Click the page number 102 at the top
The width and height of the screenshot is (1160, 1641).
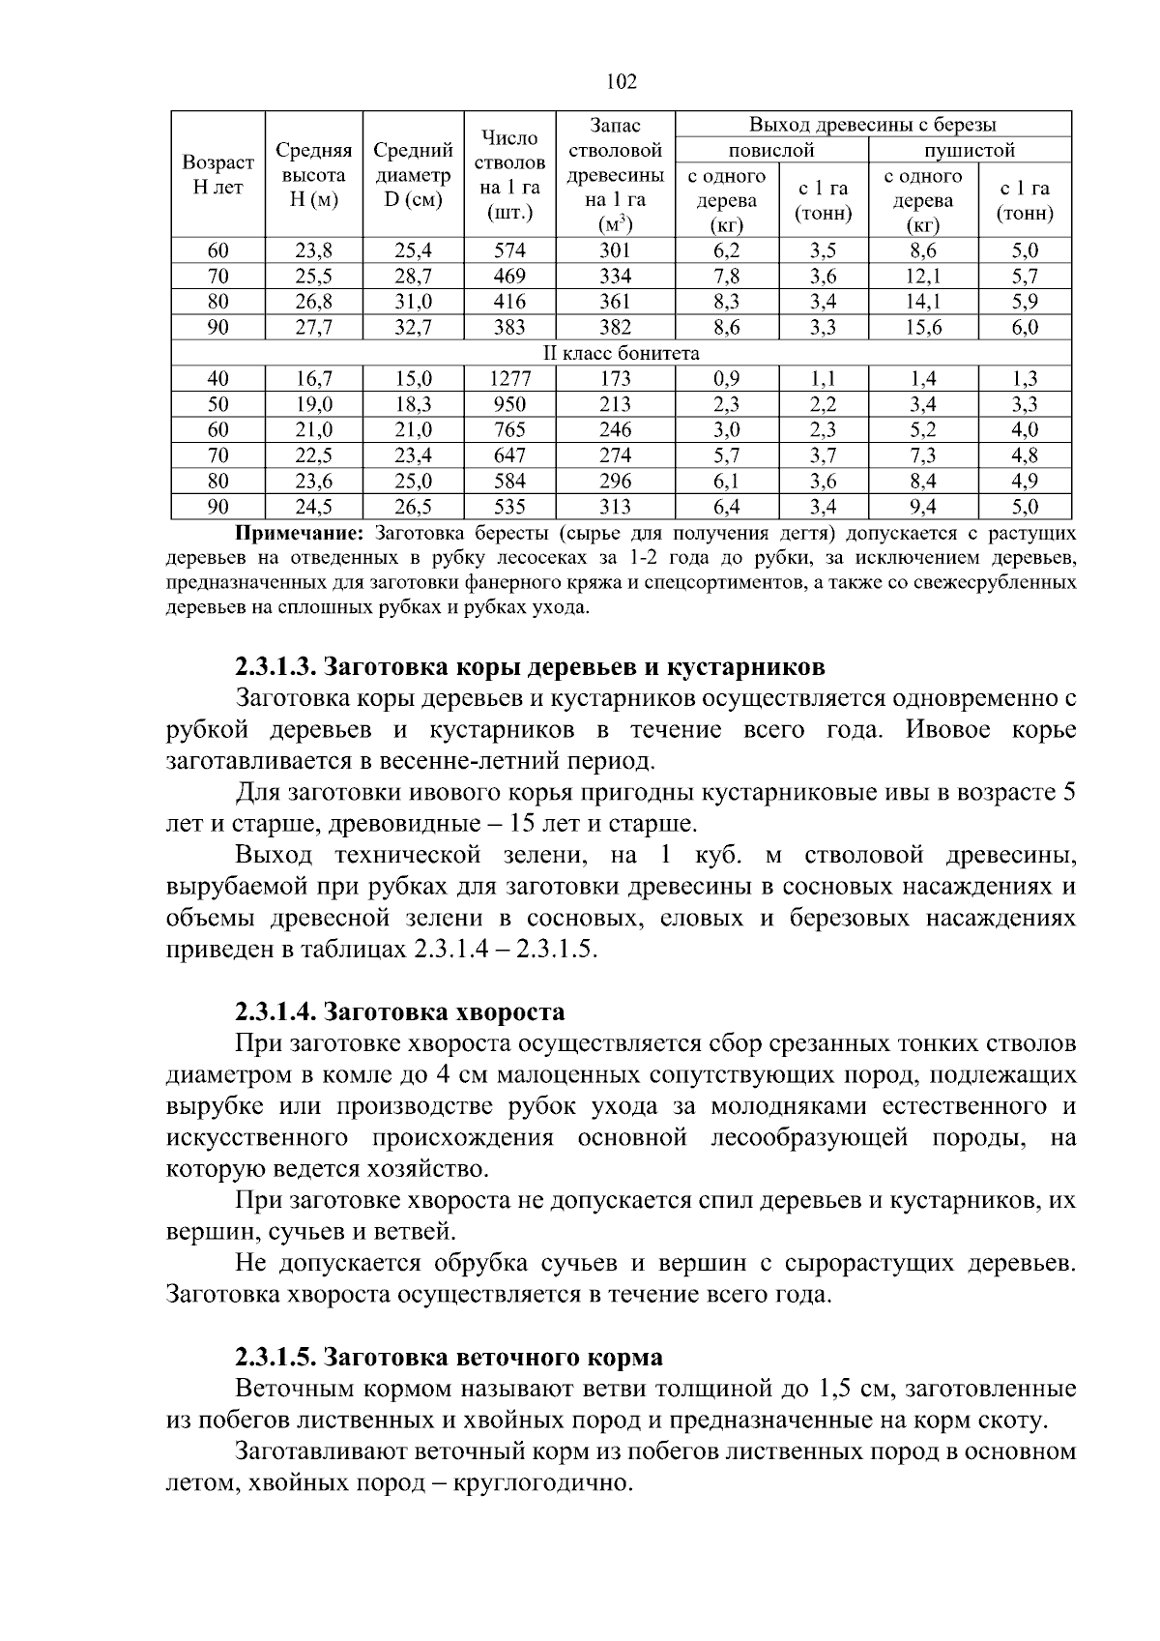[x=621, y=82]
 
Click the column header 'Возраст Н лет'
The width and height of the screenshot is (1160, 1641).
[x=218, y=175]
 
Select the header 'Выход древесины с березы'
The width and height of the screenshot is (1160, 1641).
[x=872, y=125]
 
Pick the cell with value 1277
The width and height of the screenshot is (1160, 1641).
[x=509, y=379]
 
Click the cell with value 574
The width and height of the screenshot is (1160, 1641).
[x=509, y=250]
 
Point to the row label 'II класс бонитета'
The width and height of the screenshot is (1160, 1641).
[x=621, y=353]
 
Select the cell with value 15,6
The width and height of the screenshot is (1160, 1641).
[x=923, y=328]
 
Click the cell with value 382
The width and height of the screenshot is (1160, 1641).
[x=615, y=328]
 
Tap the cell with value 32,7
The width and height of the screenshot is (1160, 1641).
[x=413, y=328]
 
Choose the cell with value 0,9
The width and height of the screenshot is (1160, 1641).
[x=726, y=379]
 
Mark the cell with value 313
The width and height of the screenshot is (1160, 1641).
[x=615, y=507]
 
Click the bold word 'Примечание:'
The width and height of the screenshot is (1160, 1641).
[x=300, y=533]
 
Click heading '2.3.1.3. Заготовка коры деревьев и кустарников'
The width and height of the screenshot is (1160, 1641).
[x=530, y=667]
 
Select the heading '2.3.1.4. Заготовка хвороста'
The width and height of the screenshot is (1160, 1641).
[x=399, y=1012]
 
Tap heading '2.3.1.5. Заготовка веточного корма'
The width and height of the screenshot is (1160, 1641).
[x=449, y=1358]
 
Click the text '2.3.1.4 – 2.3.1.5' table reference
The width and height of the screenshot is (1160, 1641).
[x=503, y=950]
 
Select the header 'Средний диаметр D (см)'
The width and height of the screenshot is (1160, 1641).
[x=413, y=175]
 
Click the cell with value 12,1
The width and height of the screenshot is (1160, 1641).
[x=923, y=277]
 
